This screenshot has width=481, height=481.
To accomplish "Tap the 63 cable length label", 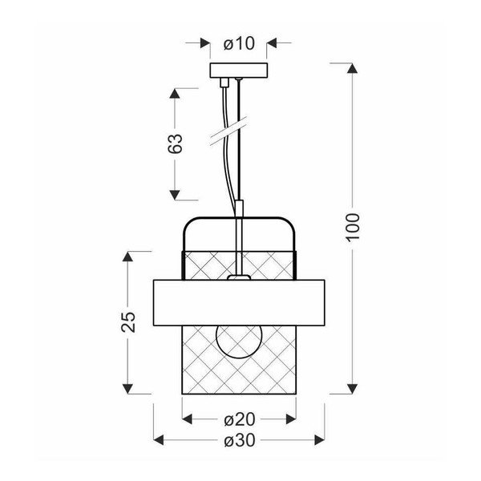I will (177, 143).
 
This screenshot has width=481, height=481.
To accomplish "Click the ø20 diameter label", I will (239, 419).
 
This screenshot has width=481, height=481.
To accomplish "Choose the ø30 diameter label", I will (239, 441).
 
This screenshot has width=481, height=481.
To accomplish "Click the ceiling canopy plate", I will (239, 71).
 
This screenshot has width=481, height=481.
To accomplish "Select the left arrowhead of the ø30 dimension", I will (158, 441).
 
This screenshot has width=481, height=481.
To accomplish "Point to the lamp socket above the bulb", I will (238, 279).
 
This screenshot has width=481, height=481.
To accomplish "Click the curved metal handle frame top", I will (239, 218).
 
